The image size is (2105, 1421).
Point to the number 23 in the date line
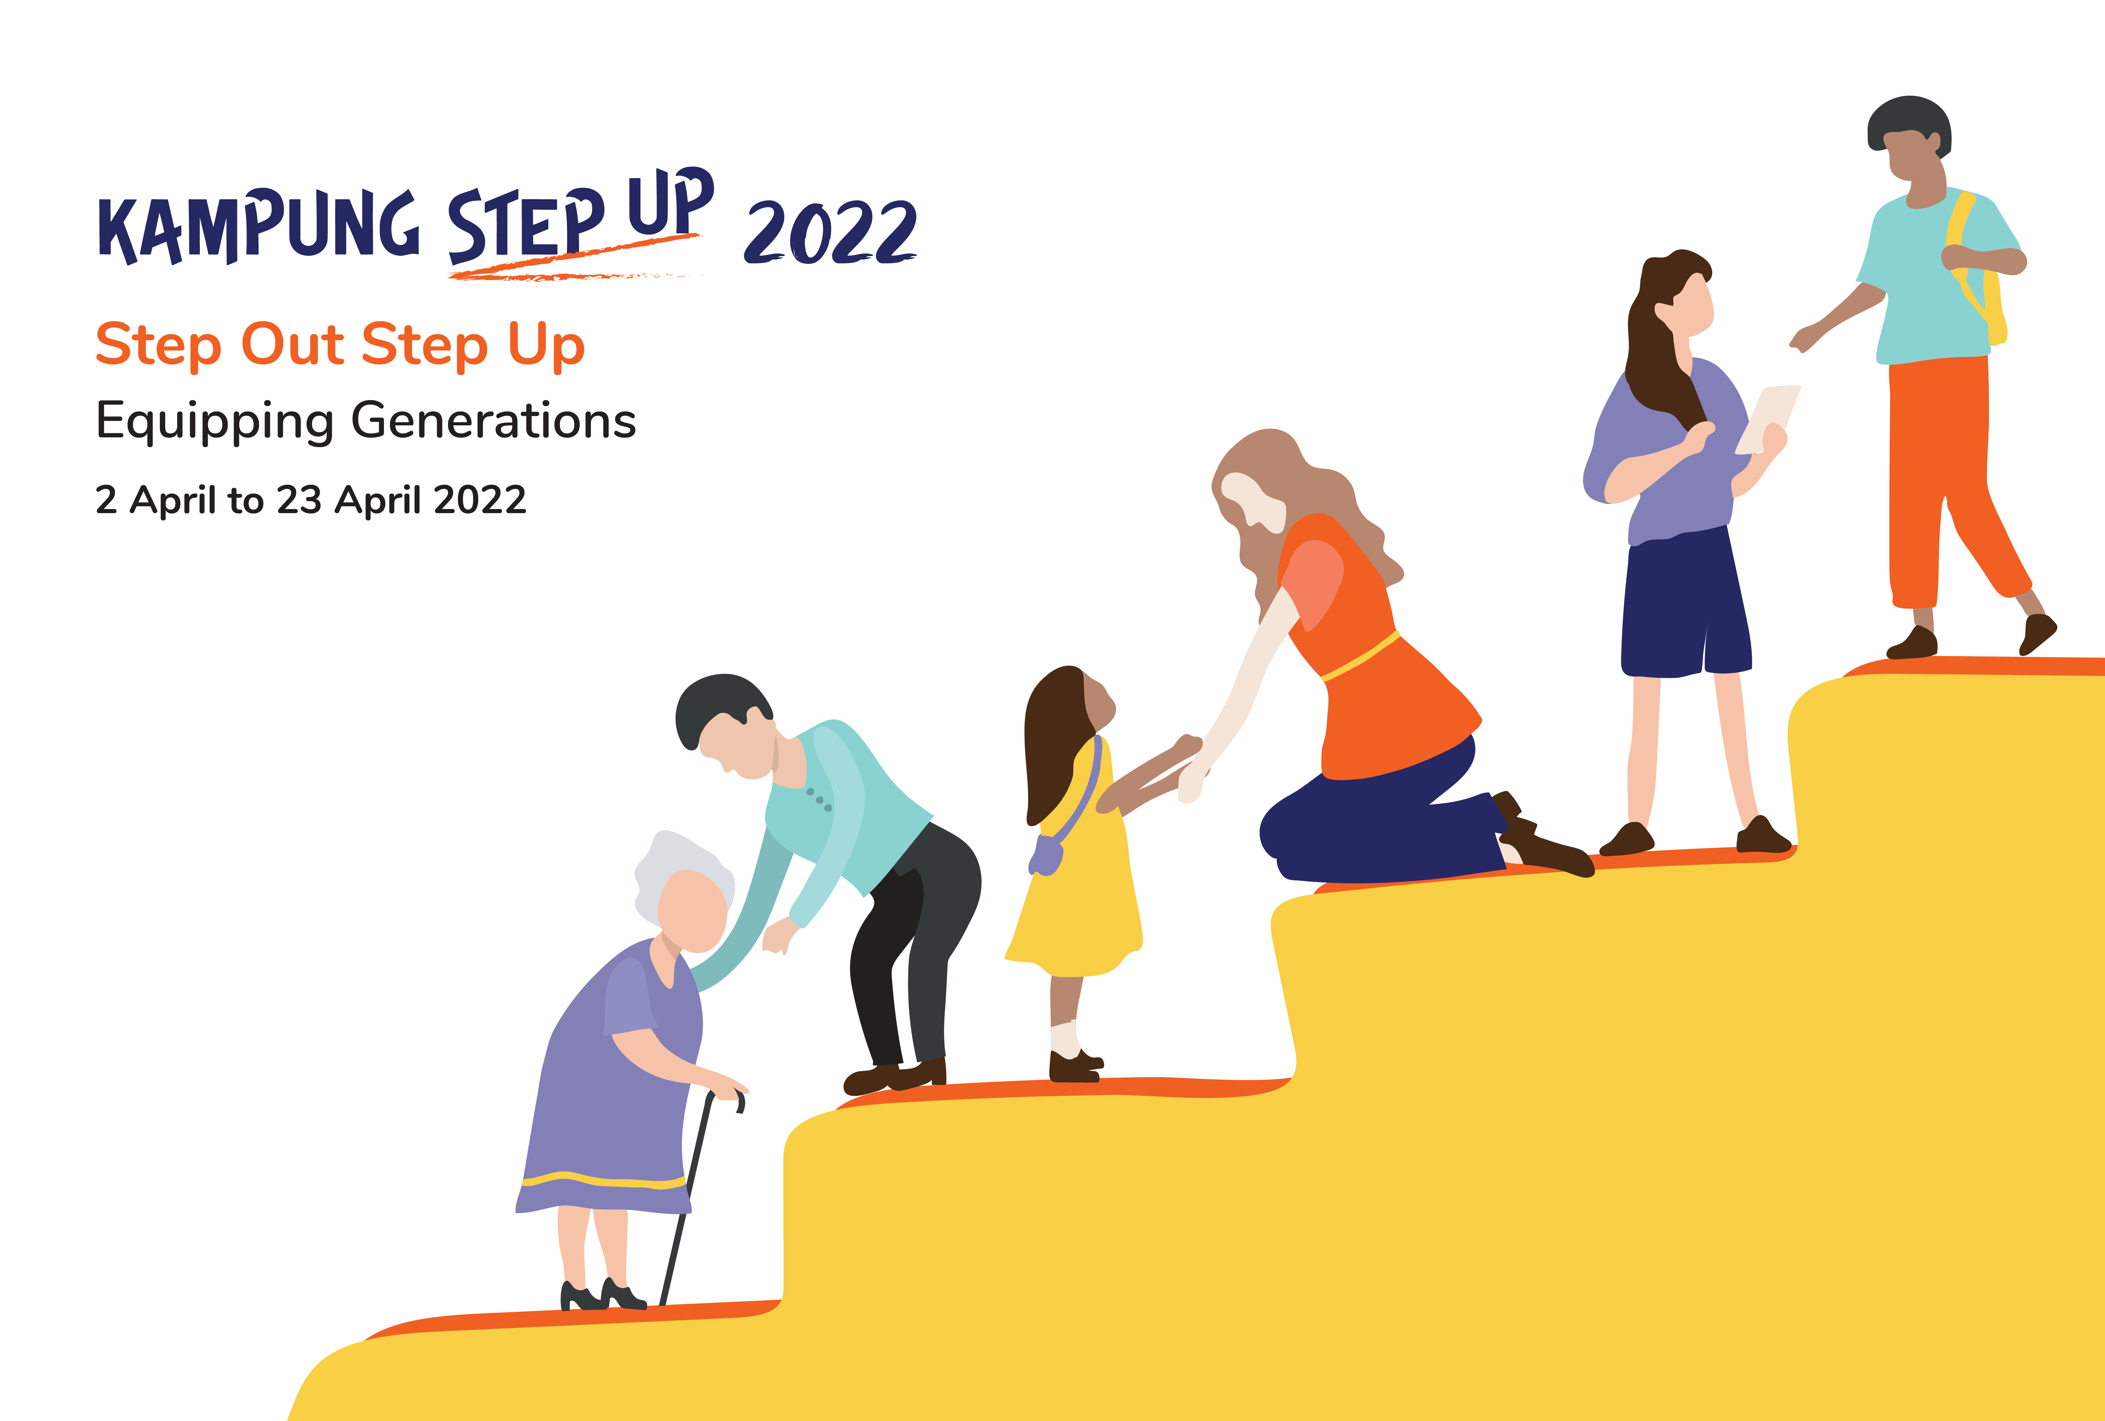[299, 500]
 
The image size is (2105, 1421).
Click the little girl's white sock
[1066, 1039]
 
